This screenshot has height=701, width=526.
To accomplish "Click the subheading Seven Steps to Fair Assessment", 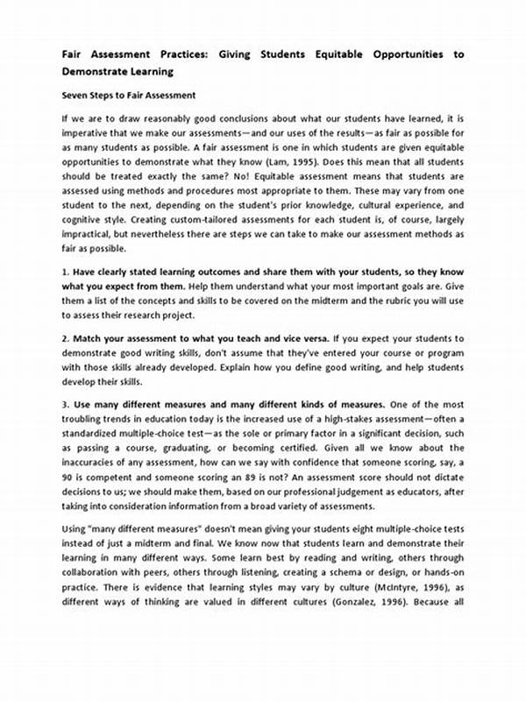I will click(x=128, y=95).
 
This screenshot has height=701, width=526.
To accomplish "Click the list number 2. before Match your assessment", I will click(x=66, y=337).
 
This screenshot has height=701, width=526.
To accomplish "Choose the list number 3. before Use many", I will click(x=66, y=405).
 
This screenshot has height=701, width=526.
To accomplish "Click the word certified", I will click(x=321, y=450).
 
